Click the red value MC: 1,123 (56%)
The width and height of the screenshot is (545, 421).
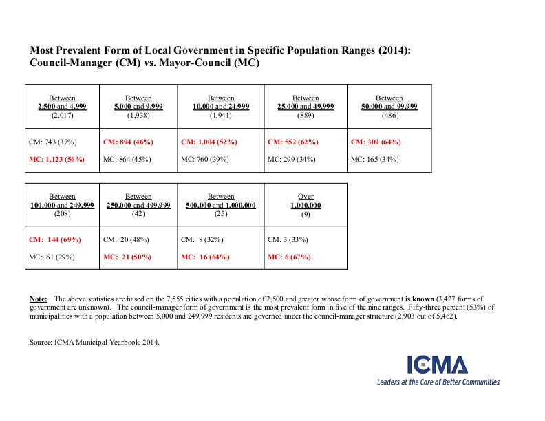pos(55,159)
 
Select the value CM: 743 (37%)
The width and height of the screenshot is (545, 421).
pos(53,142)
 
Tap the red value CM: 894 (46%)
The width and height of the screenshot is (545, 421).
pos(128,142)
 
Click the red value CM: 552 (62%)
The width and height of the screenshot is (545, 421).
pos(292,142)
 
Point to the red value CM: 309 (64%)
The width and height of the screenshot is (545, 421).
pos(376,142)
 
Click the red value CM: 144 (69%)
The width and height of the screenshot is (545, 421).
pos(55,239)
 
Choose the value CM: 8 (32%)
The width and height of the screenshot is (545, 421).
pos(201,239)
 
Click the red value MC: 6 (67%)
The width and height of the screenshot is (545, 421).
pos(288,257)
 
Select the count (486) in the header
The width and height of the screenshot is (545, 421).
pos(389,115)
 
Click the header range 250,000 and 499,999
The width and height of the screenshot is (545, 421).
pos(138,205)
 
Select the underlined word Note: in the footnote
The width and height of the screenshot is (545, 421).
pos(39,299)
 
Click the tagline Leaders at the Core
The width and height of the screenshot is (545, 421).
pos(438,382)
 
